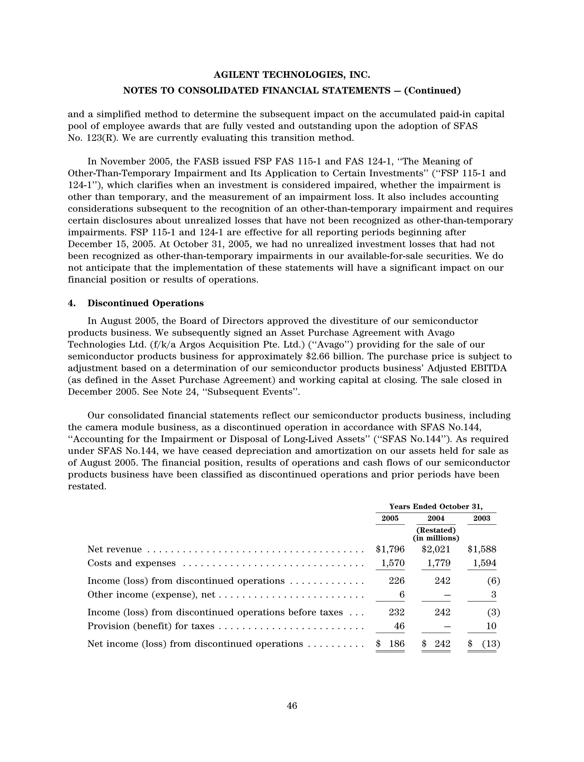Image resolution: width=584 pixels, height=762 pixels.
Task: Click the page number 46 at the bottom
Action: pos(292,706)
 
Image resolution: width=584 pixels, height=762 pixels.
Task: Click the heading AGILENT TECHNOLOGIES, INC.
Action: pos(292,75)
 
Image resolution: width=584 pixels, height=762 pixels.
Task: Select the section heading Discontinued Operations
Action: pos(145,303)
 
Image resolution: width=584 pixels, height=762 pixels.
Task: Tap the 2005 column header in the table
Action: pos(390,518)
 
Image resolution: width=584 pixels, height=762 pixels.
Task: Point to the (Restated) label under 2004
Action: pos(436,530)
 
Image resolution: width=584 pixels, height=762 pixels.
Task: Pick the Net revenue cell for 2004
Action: pos(436,549)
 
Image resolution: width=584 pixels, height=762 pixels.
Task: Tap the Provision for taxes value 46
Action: pos(399,626)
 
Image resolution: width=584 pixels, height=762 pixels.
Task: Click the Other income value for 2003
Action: pos(493,594)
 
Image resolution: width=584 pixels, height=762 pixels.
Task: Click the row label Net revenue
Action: pos(114,549)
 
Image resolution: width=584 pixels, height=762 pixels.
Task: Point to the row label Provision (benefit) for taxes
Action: pos(151,626)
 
